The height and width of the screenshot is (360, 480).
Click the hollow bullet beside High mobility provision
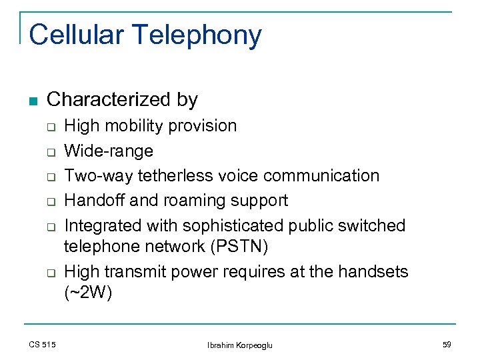coord(49,127)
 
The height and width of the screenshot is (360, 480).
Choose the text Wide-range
coord(109,151)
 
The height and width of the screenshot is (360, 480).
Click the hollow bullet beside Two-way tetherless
coord(49,177)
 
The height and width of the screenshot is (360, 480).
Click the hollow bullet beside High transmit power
coord(49,273)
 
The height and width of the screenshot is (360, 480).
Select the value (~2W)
coord(88,293)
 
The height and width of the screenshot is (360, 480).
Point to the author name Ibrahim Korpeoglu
coord(239,345)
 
